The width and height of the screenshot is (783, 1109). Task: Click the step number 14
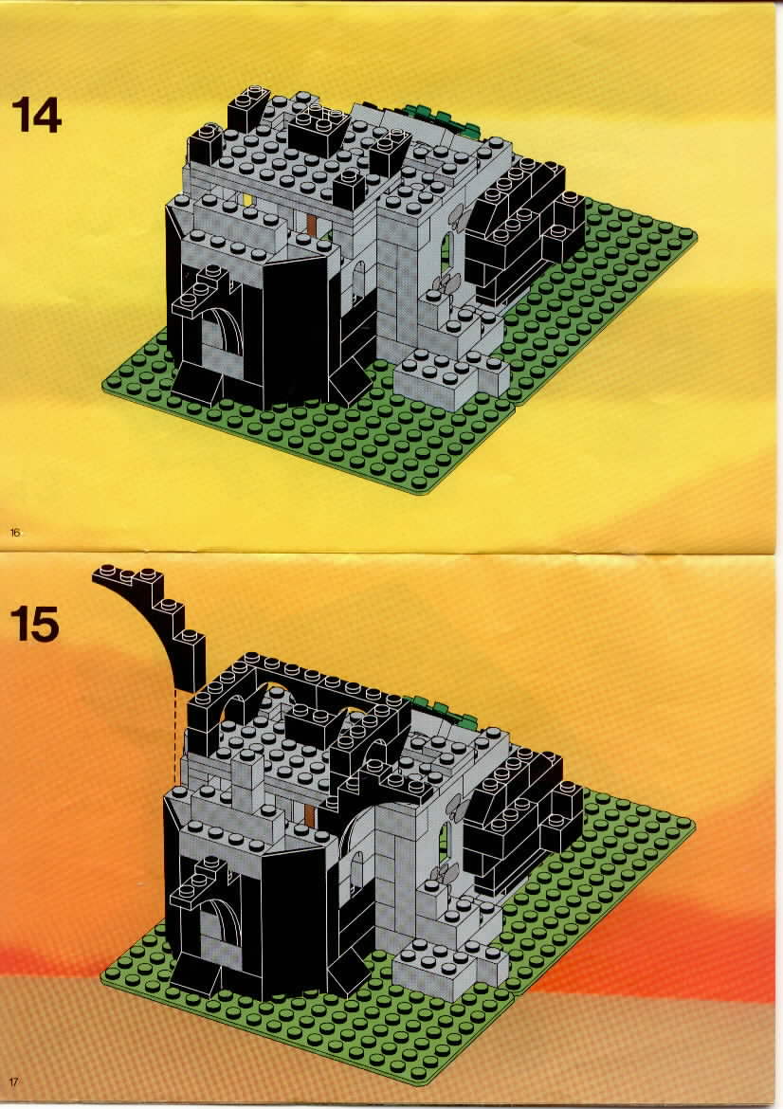pyautogui.click(x=37, y=115)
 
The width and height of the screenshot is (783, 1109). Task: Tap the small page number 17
pyautogui.click(x=15, y=1082)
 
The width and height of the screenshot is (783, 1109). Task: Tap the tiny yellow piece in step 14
pyautogui.click(x=248, y=199)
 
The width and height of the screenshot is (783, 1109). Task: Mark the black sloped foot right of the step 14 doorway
pyautogui.click(x=337, y=373)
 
